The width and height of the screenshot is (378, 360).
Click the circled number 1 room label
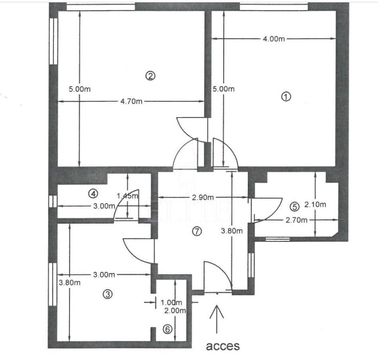click(286, 96)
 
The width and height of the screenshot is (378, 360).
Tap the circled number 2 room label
click(150, 76)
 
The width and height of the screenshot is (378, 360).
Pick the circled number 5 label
click(294, 207)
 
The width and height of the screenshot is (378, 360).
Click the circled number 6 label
click(168, 329)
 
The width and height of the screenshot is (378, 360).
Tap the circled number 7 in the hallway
click(197, 231)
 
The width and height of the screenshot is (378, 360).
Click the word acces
click(223, 346)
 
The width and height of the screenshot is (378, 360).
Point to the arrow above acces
click(216, 319)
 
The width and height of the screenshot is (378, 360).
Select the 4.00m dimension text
click(274, 39)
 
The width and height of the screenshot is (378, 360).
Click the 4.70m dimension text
click(131, 101)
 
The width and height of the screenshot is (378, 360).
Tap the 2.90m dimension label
click(203, 197)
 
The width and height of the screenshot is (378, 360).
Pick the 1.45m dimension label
click(127, 196)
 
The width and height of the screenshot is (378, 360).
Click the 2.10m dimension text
click(315, 205)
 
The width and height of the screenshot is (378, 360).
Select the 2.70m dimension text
click(297, 220)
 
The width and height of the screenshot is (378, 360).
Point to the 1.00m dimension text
click(171, 303)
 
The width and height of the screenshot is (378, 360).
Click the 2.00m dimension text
click(175, 311)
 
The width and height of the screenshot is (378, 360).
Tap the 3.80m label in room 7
click(232, 231)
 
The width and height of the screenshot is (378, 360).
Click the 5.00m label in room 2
click(80, 89)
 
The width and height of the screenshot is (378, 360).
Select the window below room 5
click(277, 239)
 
